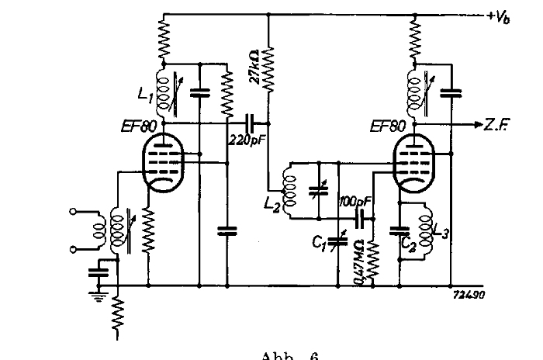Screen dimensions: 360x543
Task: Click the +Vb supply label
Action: [x=503, y=16]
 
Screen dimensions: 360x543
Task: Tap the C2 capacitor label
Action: [x=406, y=241]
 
